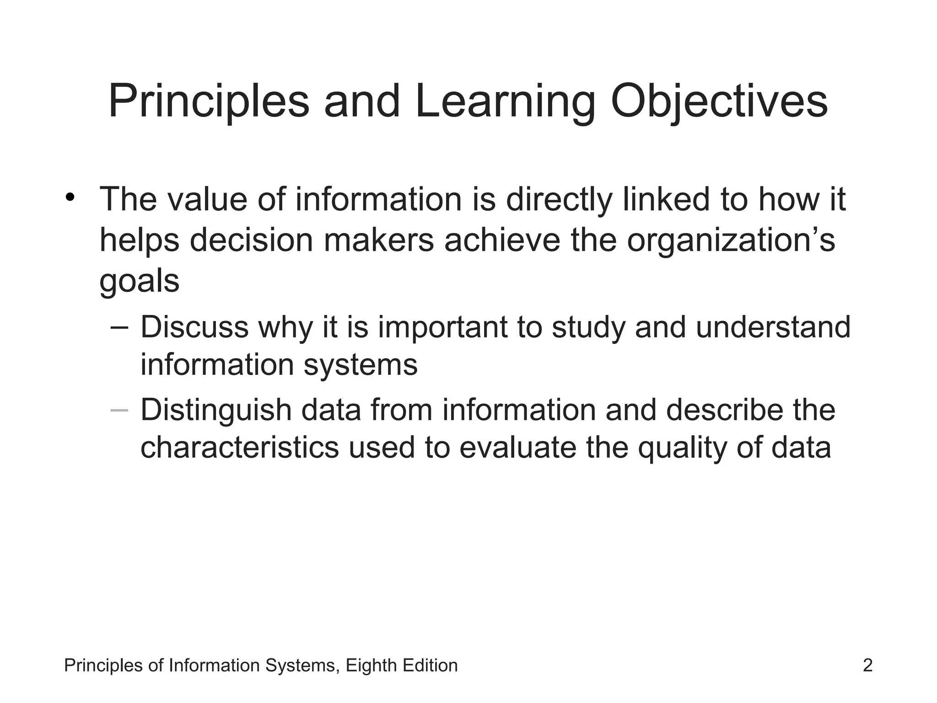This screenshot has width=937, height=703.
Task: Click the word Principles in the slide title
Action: (x=209, y=102)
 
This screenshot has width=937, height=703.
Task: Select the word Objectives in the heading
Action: (x=719, y=102)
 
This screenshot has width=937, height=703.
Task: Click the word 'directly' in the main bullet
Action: (x=559, y=200)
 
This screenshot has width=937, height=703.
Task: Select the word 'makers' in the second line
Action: (x=379, y=240)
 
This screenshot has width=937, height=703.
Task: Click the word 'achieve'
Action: (x=502, y=240)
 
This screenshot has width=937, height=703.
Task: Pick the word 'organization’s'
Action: (x=731, y=240)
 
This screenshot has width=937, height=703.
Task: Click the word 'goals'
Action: (x=139, y=281)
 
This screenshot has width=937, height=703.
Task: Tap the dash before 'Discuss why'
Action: (x=119, y=328)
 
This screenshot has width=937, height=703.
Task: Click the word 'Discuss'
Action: (x=194, y=328)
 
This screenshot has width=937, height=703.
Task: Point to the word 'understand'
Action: (x=773, y=328)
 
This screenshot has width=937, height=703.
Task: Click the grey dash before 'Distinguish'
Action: (x=119, y=411)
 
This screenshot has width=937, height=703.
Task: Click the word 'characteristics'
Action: (x=239, y=447)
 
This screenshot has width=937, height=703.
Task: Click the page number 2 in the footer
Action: (x=867, y=665)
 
